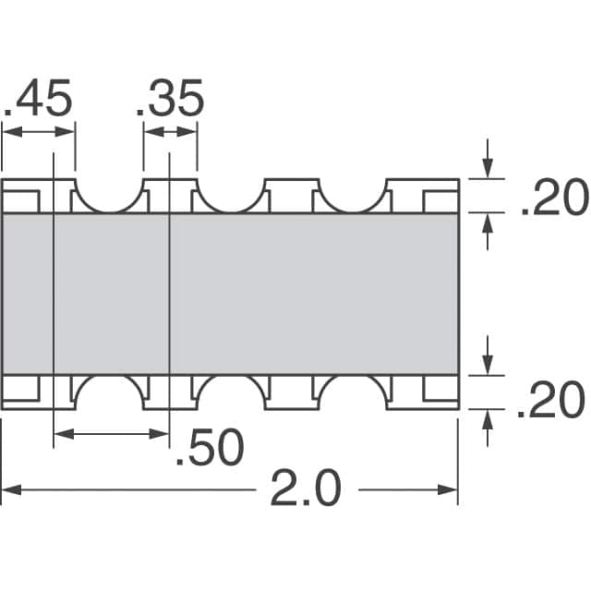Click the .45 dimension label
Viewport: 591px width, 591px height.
click(x=38, y=100)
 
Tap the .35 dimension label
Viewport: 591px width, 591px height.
click(x=170, y=100)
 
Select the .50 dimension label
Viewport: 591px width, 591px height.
click(x=209, y=449)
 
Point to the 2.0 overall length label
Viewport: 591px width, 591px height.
click(x=306, y=488)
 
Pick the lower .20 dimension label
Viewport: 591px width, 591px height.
click(x=551, y=402)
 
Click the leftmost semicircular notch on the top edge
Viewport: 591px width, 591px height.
click(x=109, y=192)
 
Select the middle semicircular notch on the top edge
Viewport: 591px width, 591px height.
click(x=230, y=192)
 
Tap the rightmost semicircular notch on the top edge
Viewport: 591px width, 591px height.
click(x=351, y=192)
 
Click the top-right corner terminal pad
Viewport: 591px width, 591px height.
click(x=440, y=196)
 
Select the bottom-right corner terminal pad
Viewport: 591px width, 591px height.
click(x=440, y=391)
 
